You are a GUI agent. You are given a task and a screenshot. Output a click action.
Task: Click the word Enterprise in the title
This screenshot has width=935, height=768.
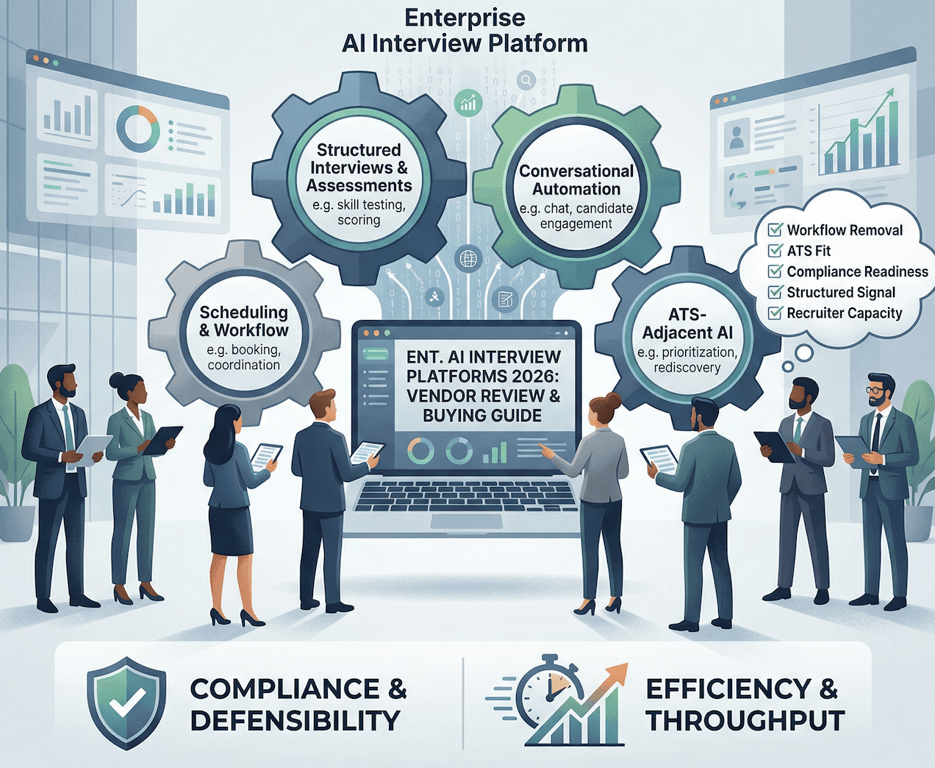[x=465, y=18]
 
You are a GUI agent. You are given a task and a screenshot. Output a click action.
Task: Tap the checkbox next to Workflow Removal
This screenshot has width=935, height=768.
[x=775, y=230]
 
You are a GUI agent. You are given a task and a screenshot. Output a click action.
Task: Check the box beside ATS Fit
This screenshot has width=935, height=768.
[x=775, y=251]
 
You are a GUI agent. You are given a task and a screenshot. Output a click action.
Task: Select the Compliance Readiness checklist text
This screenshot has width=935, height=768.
[x=857, y=271]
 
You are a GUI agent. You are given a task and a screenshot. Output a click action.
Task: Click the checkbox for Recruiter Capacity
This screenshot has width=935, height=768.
[x=775, y=313]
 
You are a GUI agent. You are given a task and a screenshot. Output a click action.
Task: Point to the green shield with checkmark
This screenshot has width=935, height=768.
[x=126, y=703]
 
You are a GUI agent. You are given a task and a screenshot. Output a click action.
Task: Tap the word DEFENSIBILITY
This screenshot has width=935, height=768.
[x=295, y=721]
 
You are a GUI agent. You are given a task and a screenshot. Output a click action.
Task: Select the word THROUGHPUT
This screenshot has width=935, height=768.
[x=745, y=721]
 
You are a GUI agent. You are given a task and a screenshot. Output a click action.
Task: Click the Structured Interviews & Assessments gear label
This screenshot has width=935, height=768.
[x=359, y=168]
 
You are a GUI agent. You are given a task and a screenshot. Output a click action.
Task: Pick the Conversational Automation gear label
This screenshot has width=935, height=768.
[x=576, y=180]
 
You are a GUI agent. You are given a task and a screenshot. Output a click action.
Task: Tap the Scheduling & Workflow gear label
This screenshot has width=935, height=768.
[x=244, y=321]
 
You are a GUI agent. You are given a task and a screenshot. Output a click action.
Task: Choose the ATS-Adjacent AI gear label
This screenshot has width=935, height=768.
[x=687, y=324]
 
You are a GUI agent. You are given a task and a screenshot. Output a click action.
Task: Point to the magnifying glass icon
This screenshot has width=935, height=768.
[x=526, y=80]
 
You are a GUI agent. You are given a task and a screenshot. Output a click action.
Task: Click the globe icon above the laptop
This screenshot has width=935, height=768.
[x=467, y=259]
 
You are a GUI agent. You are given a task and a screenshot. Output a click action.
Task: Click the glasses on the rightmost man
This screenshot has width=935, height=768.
[x=877, y=390]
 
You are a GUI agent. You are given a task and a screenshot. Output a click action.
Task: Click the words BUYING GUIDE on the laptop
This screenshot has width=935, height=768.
[x=482, y=416]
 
